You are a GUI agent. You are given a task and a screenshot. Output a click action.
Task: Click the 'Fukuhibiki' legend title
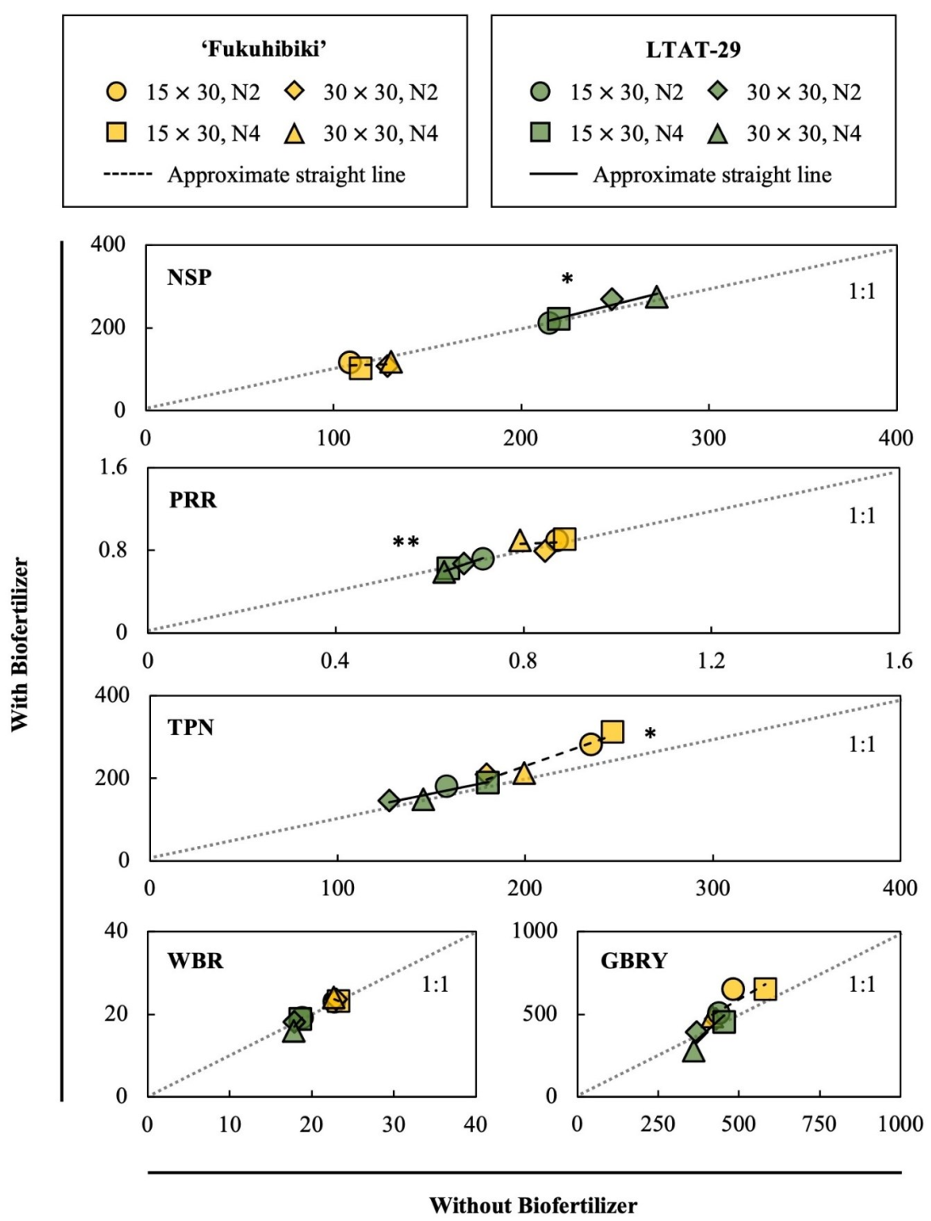pos(264,49)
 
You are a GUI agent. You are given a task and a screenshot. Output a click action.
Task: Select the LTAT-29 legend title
pos(693,49)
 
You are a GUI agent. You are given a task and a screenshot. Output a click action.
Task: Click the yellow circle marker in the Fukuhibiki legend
pos(116,92)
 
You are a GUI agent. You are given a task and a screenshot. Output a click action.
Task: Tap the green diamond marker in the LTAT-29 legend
pos(717,92)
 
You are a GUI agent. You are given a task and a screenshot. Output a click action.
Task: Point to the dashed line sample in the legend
pos(127,175)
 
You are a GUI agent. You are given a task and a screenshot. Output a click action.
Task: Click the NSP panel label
pos(189,277)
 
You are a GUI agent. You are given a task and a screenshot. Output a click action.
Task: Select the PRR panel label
pos(193,500)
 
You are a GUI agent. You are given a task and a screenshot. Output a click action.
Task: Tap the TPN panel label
pos(190,727)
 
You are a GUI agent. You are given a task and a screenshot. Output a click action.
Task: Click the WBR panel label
pos(195,961)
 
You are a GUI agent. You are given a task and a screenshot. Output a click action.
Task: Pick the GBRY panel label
pos(633,961)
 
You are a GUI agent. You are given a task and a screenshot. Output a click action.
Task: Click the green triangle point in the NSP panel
pos(656,297)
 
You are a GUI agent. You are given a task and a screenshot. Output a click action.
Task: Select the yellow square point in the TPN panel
pos(612,731)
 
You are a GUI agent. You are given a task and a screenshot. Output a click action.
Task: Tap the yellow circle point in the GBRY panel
pos(733,989)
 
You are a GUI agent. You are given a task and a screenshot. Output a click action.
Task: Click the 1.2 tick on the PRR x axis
pos(711,661)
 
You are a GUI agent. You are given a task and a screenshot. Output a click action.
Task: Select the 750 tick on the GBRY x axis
pos(819,1124)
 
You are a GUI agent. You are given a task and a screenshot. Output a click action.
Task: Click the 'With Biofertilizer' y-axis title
pos(20,645)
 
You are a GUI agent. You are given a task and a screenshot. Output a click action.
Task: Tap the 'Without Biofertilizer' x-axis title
pos(532,1205)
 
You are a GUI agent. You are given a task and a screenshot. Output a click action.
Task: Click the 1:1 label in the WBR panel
pos(435,984)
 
